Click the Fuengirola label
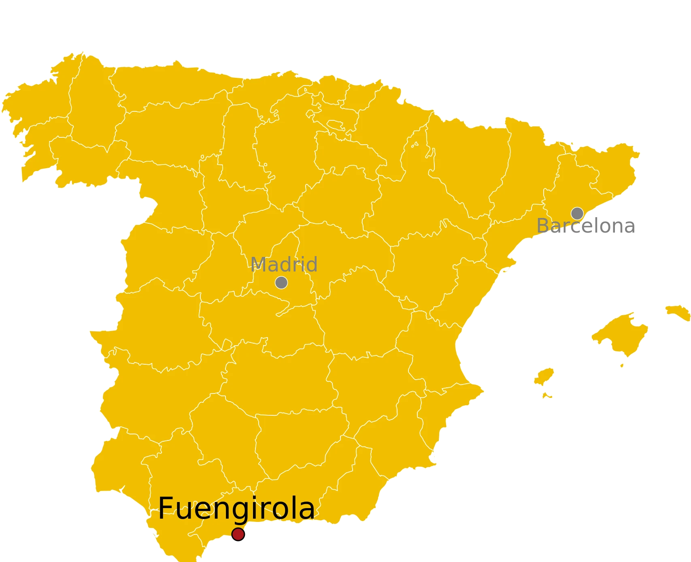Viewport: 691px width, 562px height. click(236, 508)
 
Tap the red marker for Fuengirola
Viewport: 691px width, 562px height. click(238, 534)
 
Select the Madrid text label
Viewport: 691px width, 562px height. click(284, 265)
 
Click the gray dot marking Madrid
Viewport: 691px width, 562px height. click(281, 282)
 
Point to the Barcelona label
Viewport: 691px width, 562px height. click(585, 226)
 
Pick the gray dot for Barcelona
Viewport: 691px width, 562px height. click(577, 213)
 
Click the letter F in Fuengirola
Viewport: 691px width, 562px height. click(165, 508)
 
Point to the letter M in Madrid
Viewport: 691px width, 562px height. click(259, 265)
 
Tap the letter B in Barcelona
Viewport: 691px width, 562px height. click(543, 226)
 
